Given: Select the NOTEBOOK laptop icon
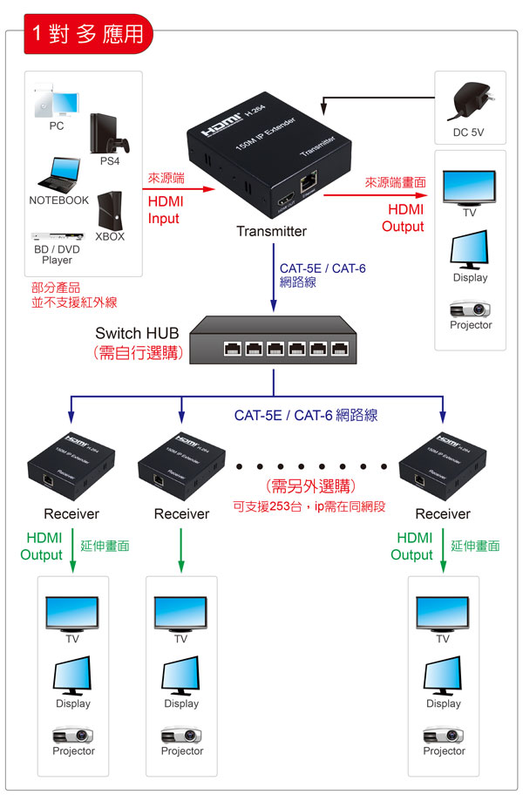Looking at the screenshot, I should (x=59, y=173).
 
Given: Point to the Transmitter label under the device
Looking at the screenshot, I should (x=271, y=231).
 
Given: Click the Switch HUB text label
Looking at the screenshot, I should (x=137, y=333).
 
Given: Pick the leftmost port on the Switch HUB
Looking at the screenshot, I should (x=233, y=348).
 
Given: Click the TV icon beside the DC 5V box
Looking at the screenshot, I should (x=468, y=186).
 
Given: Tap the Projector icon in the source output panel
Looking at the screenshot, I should (x=470, y=309).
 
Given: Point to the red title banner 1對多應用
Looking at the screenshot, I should (x=87, y=33).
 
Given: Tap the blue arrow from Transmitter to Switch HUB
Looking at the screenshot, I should (x=274, y=279).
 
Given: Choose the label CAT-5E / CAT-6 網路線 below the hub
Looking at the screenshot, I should (x=306, y=416).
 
